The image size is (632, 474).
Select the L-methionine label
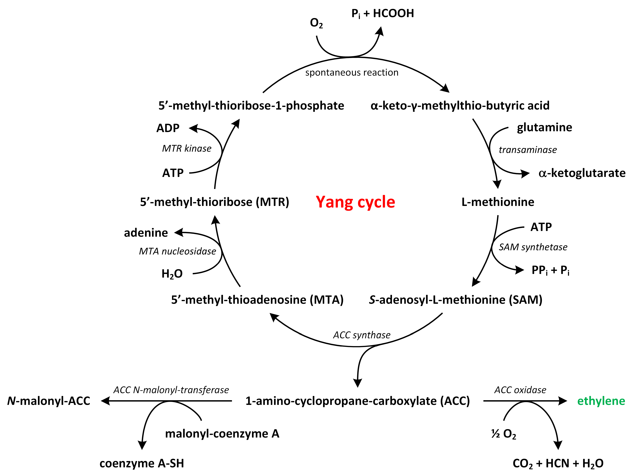click(498, 202)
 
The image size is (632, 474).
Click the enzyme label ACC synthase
click(362, 335)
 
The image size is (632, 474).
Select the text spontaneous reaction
click(352, 72)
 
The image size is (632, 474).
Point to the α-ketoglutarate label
click(582, 173)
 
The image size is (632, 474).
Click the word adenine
click(146, 233)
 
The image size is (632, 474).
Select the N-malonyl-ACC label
click(49, 401)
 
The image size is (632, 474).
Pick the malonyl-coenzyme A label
click(222, 434)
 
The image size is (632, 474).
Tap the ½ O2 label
click(503, 434)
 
